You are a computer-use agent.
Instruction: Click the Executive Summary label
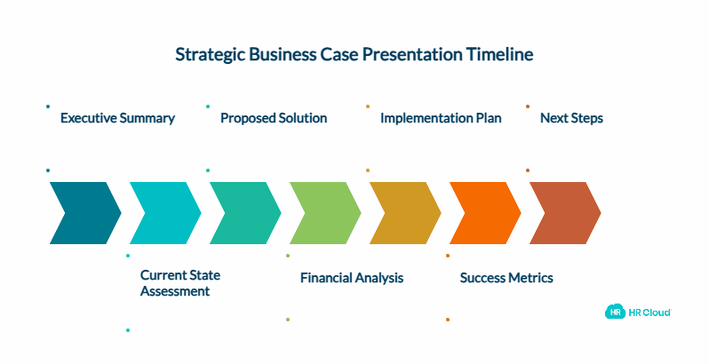(x=117, y=118)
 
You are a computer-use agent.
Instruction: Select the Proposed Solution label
(x=274, y=118)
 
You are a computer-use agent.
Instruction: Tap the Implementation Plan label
(x=441, y=118)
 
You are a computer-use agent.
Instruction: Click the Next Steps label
(x=571, y=118)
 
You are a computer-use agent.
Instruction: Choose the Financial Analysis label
(x=352, y=278)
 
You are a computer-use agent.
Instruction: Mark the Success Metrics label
(x=506, y=278)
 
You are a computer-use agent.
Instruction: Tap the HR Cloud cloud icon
(x=613, y=312)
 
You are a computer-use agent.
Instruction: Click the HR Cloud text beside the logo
(x=650, y=312)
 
